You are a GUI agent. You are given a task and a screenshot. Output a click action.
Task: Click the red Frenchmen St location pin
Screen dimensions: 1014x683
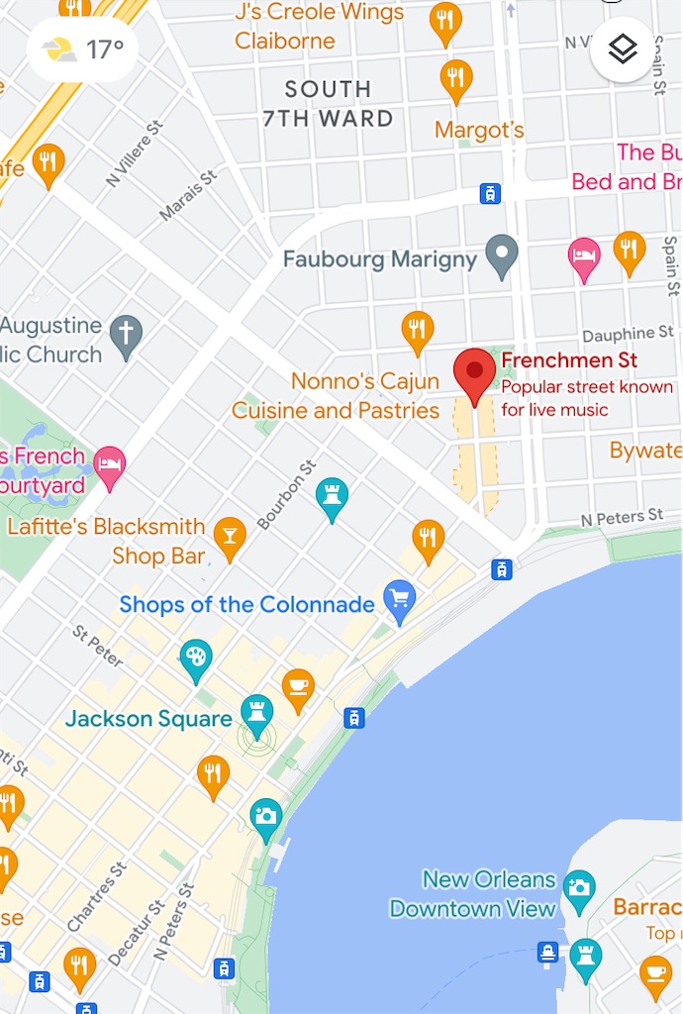pyautogui.click(x=474, y=372)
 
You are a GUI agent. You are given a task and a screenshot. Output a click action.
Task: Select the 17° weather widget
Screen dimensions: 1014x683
pyautogui.click(x=83, y=49)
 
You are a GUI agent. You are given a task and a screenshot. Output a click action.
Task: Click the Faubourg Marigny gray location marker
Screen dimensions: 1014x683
pyautogui.click(x=503, y=255)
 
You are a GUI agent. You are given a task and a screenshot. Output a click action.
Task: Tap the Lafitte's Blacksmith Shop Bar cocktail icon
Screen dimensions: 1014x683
pyautogui.click(x=230, y=537)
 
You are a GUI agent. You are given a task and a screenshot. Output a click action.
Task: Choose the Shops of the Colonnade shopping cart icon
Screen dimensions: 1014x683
pyautogui.click(x=400, y=600)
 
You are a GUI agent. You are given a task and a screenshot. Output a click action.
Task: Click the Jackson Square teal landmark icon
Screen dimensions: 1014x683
pyautogui.click(x=257, y=715)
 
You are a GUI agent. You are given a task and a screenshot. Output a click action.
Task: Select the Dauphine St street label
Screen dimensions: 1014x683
pyautogui.click(x=627, y=335)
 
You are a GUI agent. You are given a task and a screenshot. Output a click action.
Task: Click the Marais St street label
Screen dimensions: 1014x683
pyautogui.click(x=187, y=195)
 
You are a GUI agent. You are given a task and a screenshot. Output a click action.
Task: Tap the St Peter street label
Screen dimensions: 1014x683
pyautogui.click(x=95, y=645)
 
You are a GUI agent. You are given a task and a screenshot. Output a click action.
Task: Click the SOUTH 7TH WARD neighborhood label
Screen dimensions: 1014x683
pyautogui.click(x=328, y=104)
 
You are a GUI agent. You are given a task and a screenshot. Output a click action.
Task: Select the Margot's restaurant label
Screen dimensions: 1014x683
pyautogui.click(x=479, y=130)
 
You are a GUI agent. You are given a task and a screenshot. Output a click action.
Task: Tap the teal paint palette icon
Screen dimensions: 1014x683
pyautogui.click(x=196, y=659)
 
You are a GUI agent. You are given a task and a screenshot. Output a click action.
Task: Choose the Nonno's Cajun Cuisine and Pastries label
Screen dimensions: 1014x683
pyautogui.click(x=336, y=395)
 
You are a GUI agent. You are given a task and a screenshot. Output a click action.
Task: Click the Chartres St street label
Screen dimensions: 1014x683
pyautogui.click(x=96, y=896)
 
